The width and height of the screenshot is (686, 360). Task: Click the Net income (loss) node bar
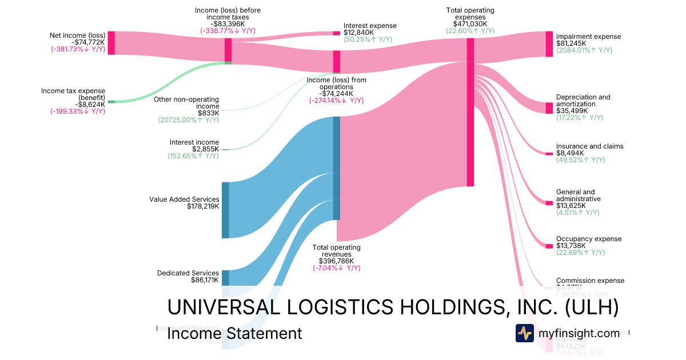pyautogui.click(x=111, y=43)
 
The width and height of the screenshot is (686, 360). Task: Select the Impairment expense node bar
pyautogui.click(x=549, y=44)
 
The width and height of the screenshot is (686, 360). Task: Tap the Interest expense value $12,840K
pyautogui.click(x=358, y=33)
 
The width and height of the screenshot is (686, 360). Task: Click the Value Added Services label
pyautogui.click(x=184, y=199)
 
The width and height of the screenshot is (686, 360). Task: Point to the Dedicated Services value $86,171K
pyautogui.click(x=205, y=281)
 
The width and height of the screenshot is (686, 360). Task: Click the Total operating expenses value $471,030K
pyautogui.click(x=470, y=24)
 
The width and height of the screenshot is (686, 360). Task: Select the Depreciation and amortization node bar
pyautogui.click(x=549, y=108)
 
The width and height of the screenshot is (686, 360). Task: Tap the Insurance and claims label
pyautogui.click(x=589, y=146)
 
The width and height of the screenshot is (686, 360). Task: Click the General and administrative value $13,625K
pyautogui.click(x=571, y=205)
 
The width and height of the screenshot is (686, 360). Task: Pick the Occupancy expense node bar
pyautogui.click(x=549, y=246)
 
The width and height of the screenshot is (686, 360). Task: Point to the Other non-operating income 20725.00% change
pyautogui.click(x=188, y=120)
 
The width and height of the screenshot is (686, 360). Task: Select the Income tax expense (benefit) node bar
pyautogui.click(x=111, y=102)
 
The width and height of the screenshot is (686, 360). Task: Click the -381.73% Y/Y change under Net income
pyautogui.click(x=78, y=49)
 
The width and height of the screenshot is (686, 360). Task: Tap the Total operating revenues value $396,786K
pyautogui.click(x=337, y=261)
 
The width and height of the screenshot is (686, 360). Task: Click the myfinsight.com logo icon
pyautogui.click(x=524, y=333)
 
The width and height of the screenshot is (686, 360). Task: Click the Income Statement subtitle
pyautogui.click(x=234, y=333)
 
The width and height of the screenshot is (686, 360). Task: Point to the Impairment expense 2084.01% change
pyautogui.click(x=584, y=50)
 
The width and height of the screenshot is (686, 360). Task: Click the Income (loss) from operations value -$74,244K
pyautogui.click(x=337, y=94)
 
